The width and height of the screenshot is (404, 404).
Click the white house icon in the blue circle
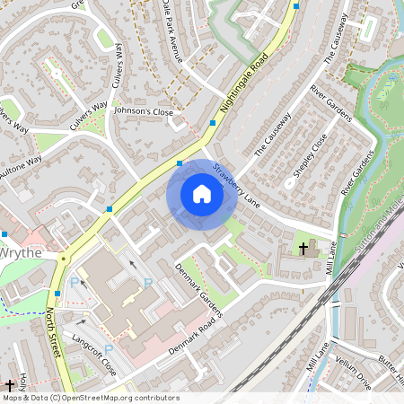[x=202, y=193]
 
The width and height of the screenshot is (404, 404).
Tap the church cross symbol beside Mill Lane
[x=303, y=247]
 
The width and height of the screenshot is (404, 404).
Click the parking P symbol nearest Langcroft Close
[x=109, y=348]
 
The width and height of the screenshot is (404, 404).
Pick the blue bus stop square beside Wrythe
[x=4, y=233]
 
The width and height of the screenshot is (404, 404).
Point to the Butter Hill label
[x=390, y=364]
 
